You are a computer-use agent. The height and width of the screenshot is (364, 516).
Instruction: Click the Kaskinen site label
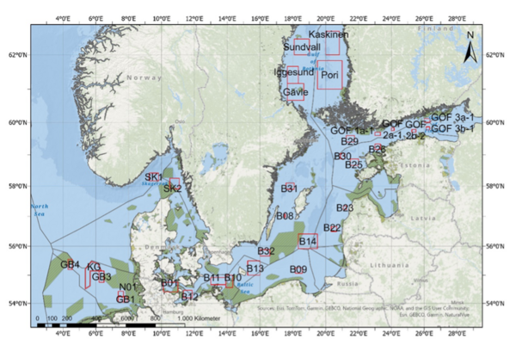point(329,34)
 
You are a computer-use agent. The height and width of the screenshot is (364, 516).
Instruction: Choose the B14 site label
point(308,241)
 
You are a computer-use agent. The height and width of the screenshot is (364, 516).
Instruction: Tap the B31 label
point(289,188)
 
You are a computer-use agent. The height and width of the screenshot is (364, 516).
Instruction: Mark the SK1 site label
point(154,176)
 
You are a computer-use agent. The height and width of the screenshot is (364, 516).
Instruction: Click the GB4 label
point(70,264)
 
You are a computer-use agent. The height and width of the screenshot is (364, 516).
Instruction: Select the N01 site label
point(128,287)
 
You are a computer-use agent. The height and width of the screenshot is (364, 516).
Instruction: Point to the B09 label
point(298,269)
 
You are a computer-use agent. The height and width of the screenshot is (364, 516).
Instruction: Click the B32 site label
point(266,251)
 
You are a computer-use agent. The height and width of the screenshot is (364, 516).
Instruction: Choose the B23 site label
point(345,208)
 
